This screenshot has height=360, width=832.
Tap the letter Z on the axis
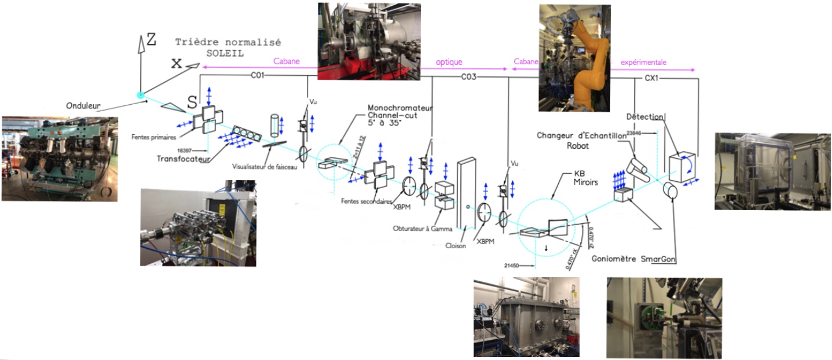tap(151, 39)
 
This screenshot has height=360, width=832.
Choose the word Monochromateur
tap(400, 108)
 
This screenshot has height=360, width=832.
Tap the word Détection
tap(645, 117)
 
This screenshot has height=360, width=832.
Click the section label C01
tap(258, 75)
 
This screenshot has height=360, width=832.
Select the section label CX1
tap(653, 77)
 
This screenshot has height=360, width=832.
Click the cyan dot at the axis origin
tap(140, 95)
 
